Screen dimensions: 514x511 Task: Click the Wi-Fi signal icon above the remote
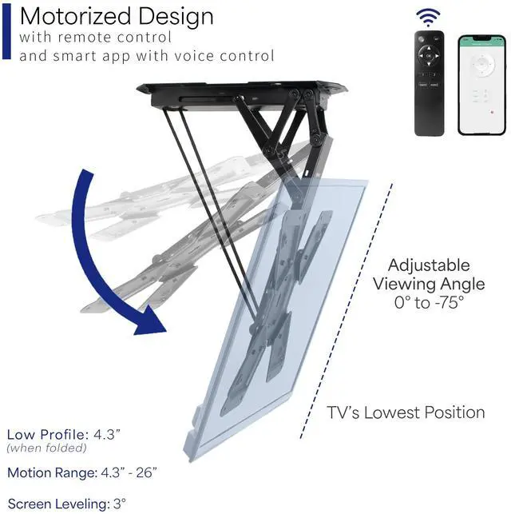[430, 18]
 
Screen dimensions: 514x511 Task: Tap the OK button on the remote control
[429, 57]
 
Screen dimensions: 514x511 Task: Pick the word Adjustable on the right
[429, 265]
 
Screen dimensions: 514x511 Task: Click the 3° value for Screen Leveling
[119, 504]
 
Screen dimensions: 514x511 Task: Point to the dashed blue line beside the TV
[346, 312]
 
